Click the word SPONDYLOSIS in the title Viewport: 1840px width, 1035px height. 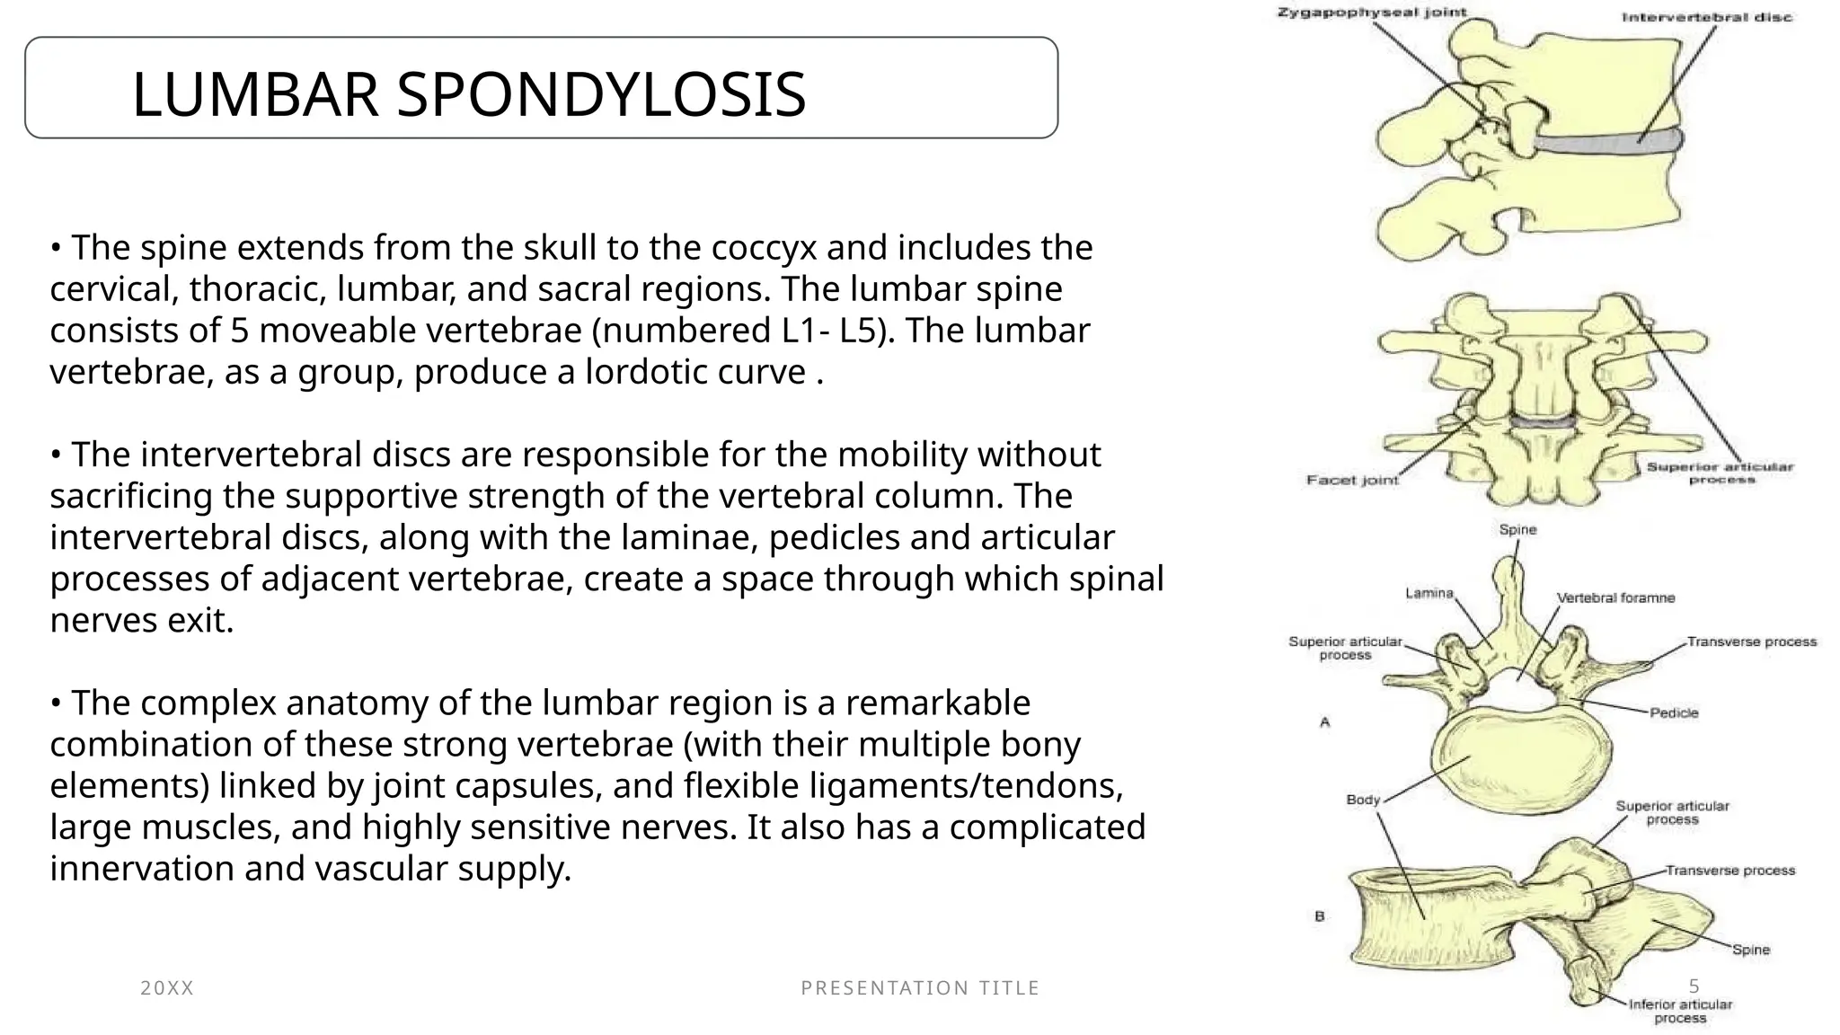pyautogui.click(x=601, y=94)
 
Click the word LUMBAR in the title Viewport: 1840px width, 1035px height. pyautogui.click(x=255, y=94)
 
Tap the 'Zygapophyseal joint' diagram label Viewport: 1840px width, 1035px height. pyautogui.click(x=1372, y=13)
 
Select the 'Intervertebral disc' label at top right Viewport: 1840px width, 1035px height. pyautogui.click(x=1706, y=17)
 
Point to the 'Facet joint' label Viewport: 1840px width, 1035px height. pyautogui.click(x=1352, y=481)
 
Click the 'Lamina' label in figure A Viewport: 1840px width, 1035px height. pyautogui.click(x=1429, y=593)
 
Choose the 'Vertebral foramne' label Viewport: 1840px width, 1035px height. pyautogui.click(x=1615, y=598)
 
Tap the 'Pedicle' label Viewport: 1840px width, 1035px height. pyautogui.click(x=1674, y=713)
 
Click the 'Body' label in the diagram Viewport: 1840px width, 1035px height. pyautogui.click(x=1362, y=800)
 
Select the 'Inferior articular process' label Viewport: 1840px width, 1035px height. pyautogui.click(x=1680, y=1011)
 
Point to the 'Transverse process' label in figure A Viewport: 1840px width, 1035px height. pyautogui.click(x=1751, y=641)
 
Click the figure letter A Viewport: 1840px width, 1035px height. pyautogui.click(x=1324, y=722)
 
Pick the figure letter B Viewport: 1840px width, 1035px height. pyautogui.click(x=1320, y=916)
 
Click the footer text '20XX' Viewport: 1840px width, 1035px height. pyautogui.click(x=167, y=988)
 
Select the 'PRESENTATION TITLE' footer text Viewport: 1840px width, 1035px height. pyautogui.click(x=920, y=988)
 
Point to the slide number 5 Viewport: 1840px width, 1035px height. pyautogui.click(x=1694, y=986)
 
